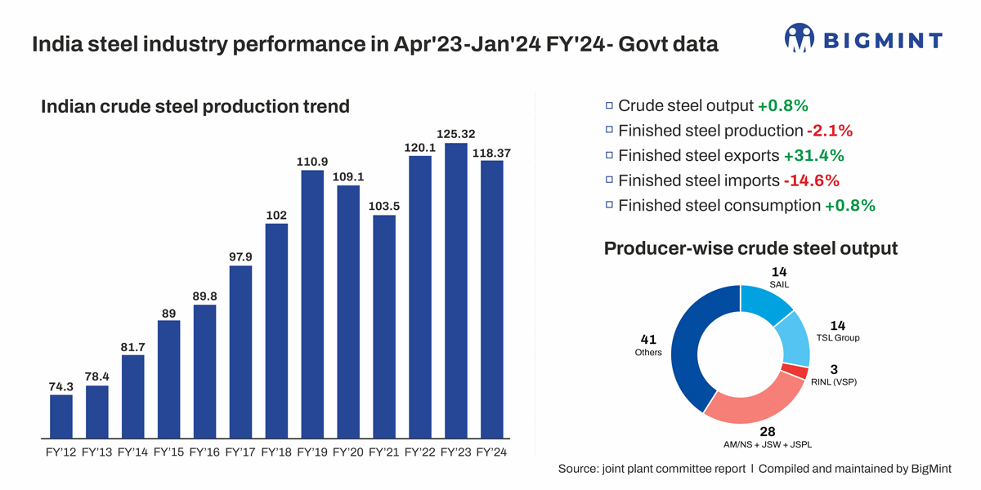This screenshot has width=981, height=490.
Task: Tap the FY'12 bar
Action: (x=61, y=416)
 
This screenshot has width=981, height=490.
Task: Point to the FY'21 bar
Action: (x=384, y=327)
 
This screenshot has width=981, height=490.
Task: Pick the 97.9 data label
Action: (x=240, y=256)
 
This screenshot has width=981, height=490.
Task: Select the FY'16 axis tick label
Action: (x=205, y=452)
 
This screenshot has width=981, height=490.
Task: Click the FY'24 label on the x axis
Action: (x=492, y=452)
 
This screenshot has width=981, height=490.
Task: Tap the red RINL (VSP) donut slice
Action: (x=795, y=372)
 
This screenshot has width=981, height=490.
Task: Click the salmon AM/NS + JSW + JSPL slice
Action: (x=745, y=405)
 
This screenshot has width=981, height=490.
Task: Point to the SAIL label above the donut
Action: (x=779, y=284)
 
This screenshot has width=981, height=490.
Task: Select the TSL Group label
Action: (x=838, y=337)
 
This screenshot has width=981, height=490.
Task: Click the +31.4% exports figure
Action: (x=813, y=155)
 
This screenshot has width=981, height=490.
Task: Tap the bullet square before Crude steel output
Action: (x=609, y=105)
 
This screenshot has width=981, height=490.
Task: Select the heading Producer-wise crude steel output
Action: (x=750, y=248)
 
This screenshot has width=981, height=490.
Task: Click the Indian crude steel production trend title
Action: (x=195, y=106)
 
